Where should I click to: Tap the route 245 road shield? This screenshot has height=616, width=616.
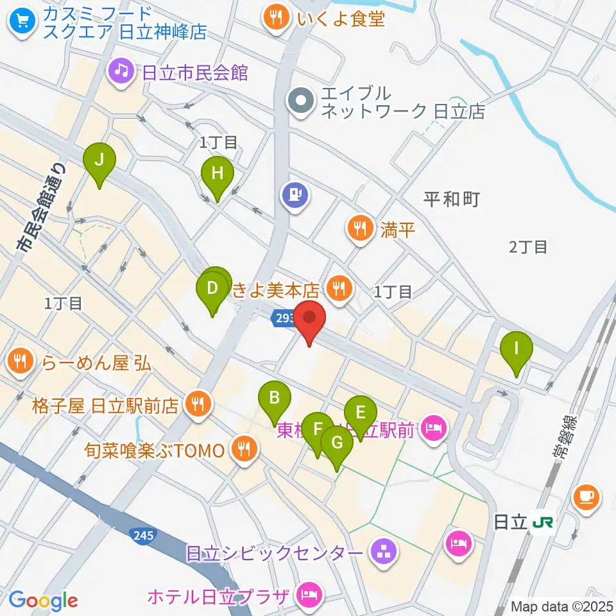point(144,535)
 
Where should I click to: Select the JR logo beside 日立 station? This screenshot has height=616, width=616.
point(542,522)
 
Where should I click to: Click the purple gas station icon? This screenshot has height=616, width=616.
point(295,194)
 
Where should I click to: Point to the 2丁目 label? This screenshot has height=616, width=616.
point(528,246)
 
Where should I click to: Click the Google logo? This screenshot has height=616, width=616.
point(44,601)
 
